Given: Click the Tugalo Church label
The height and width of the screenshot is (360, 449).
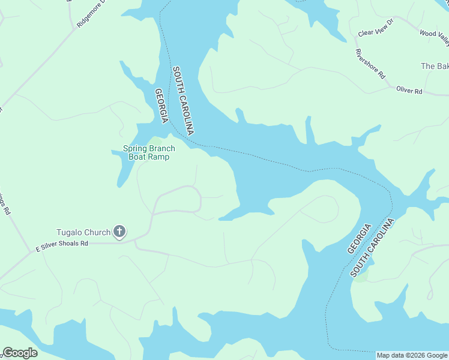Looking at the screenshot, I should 83,232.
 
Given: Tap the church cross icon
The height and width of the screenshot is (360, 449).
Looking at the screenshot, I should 119,232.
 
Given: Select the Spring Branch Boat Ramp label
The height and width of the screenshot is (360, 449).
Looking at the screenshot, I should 149,152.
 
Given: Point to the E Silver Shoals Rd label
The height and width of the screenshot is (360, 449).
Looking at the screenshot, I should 62,244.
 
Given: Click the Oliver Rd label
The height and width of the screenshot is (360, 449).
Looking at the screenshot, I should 409,91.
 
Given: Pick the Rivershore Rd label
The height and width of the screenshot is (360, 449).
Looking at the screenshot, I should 370,64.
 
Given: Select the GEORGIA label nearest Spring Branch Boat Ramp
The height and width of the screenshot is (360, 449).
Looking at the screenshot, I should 160,106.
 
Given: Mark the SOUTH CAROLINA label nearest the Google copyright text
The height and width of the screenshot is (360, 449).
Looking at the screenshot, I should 373,247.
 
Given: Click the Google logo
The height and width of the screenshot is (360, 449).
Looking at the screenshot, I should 20,353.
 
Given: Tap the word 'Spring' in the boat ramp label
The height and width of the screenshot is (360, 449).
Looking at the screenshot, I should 135,148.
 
